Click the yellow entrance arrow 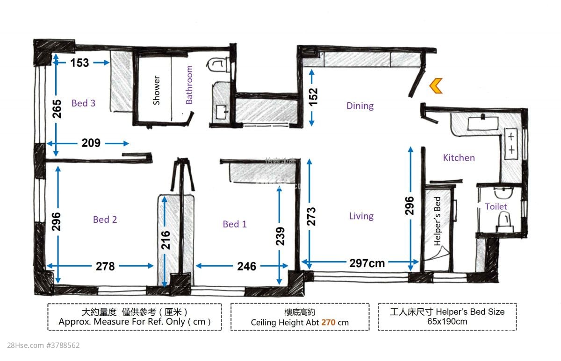(436, 86)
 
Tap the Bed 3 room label (83, 103)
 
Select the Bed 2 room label (105, 219)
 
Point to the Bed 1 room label (235, 224)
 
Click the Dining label (360, 106)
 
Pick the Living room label (361, 216)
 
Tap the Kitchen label (459, 158)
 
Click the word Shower (157, 90)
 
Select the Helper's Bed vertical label (438, 221)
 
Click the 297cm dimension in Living (367, 263)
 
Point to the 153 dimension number (79, 63)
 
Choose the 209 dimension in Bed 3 (91, 143)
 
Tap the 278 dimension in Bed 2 (105, 266)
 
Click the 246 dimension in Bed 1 (246, 266)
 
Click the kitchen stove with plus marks (511, 143)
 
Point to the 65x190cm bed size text (447, 321)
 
